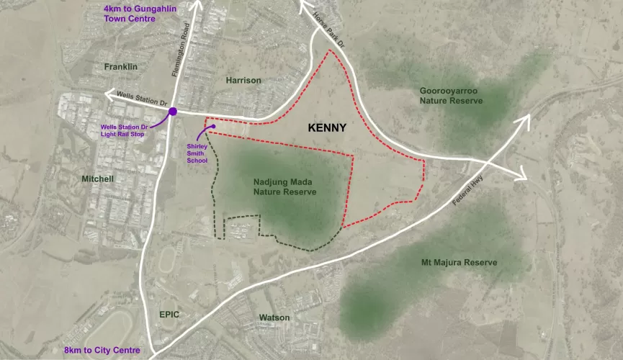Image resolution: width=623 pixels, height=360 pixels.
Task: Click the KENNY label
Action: [x=327, y=128]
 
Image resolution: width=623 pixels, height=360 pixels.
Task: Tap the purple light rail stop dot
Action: [x=172, y=112]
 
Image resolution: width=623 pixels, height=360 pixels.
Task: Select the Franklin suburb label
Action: [x=120, y=66]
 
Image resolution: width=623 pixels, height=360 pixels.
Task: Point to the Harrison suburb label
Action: [x=243, y=80]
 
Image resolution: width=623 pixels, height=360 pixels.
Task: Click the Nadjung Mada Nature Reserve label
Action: [x=284, y=187]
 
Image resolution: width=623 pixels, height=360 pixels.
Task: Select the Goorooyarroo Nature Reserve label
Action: [x=451, y=96]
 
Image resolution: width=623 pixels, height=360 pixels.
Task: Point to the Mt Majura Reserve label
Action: [x=459, y=262]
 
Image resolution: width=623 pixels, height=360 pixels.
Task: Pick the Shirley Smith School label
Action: [x=197, y=152]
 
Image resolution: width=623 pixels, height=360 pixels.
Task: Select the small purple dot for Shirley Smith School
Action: [x=214, y=127]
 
